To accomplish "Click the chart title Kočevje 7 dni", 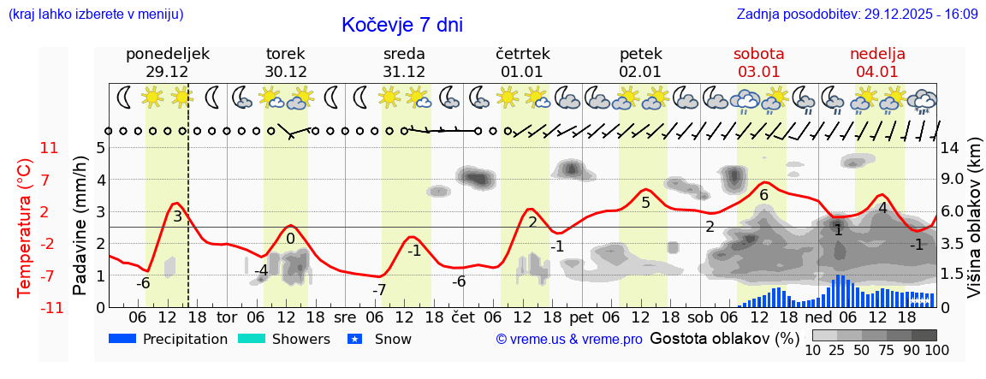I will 402,25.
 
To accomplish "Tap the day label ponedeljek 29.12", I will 167,62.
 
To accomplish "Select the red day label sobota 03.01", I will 758,62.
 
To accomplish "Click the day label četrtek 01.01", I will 522,62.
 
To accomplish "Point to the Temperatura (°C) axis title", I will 24,228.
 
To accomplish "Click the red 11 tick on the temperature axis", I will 50,148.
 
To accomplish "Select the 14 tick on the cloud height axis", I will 950,148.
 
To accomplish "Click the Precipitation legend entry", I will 169,339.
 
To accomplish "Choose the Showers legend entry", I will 283,339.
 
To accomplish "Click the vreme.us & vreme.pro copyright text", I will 568,339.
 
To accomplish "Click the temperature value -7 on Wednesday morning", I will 378,290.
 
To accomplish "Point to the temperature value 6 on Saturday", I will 763,195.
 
